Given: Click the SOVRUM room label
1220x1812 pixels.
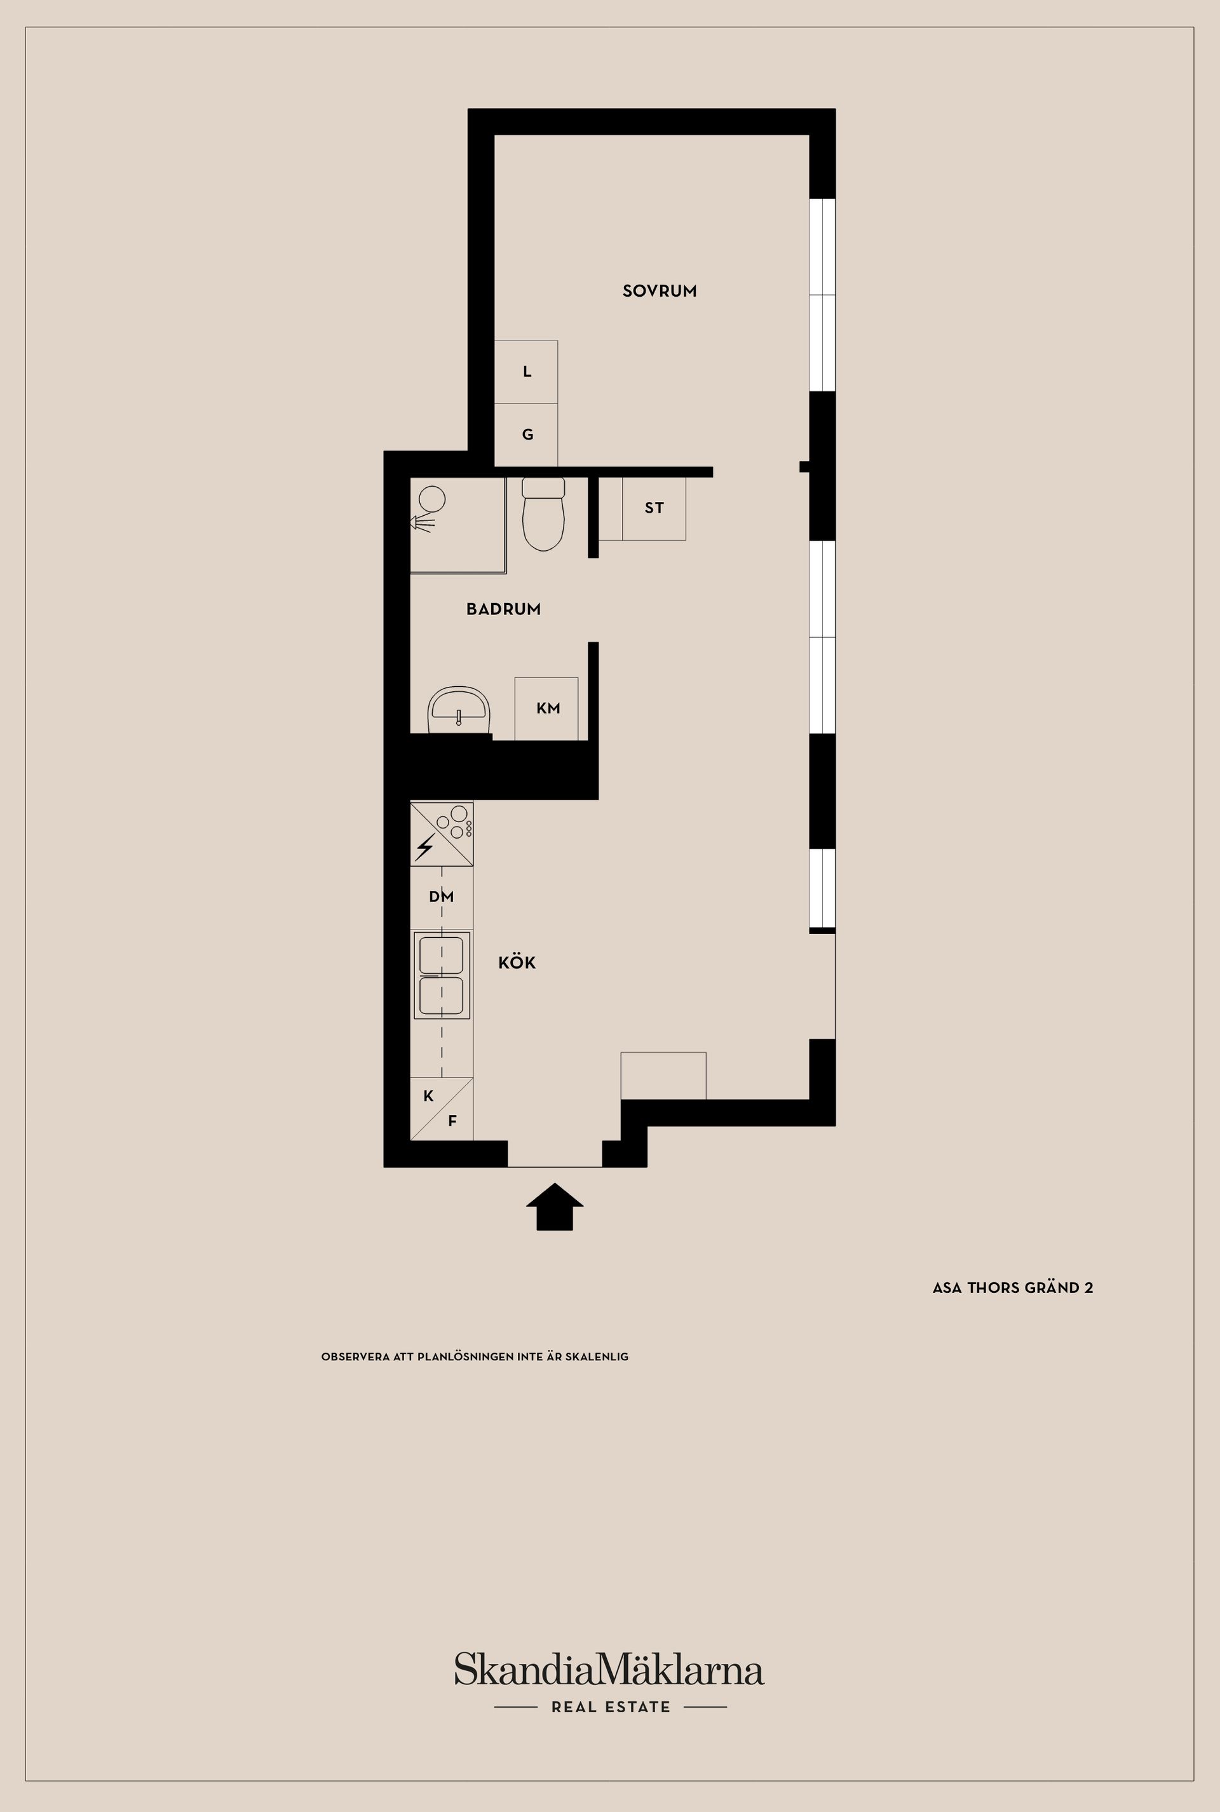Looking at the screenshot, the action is [659, 291].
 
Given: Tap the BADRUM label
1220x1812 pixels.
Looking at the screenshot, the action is [503, 609].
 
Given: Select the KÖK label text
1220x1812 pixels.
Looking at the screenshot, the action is [517, 963].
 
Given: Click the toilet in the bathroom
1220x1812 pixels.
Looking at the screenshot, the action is [543, 513].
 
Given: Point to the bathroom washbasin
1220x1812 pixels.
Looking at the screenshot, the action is [458, 710].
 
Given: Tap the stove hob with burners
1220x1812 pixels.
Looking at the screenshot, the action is [442, 834].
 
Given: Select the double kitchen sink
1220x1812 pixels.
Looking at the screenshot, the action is [442, 975].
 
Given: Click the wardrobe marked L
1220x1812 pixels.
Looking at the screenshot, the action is [526, 372].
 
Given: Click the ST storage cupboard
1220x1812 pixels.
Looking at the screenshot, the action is [654, 508].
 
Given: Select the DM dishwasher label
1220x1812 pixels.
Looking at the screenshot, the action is [441, 896].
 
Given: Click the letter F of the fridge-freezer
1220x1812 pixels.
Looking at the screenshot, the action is [452, 1121].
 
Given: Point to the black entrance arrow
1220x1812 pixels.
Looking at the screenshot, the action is [555, 1207].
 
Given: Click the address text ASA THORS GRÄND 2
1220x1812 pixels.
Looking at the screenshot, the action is [1013, 1288].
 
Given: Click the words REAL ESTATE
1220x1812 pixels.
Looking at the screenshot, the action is [611, 1707].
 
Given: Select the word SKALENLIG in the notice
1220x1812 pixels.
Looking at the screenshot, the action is [597, 1357].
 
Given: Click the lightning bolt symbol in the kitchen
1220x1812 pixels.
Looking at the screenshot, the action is [425, 846].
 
